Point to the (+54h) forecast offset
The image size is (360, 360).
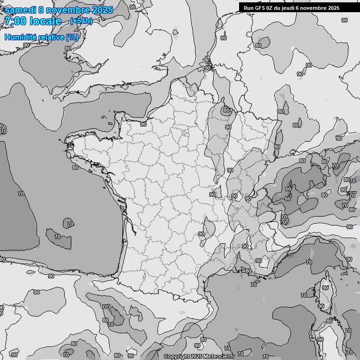pyautogui.click(x=81, y=21)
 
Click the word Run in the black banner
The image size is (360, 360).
pyautogui.click(x=249, y=8)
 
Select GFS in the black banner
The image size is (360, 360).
pyautogui.click(x=260, y=8)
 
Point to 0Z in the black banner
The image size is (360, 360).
pyautogui.click(x=271, y=8)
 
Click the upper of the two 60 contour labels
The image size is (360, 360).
pyautogui.click(x=288, y=189)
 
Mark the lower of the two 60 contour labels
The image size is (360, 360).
pyautogui.click(x=287, y=199)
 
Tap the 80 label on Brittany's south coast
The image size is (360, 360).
pyautogui.click(x=75, y=167)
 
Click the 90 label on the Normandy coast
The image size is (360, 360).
pyautogui.click(x=143, y=124)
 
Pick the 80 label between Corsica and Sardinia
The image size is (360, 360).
pyautogui.click(x=330, y=321)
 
